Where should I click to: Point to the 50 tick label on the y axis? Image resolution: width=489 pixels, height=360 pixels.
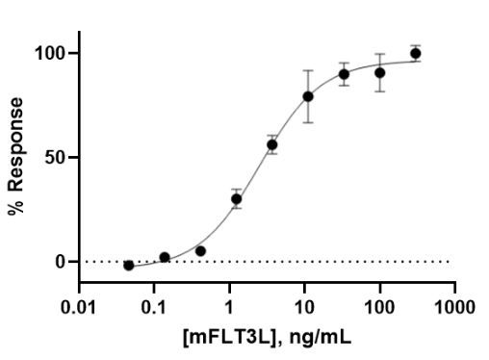coord(57,157)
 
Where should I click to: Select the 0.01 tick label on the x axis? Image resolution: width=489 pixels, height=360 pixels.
coord(80,307)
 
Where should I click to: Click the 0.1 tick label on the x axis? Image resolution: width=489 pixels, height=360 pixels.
coord(154,307)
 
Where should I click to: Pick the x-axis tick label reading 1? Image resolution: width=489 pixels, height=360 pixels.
coord(229,307)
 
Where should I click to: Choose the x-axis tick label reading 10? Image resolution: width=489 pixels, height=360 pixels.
coord(304,307)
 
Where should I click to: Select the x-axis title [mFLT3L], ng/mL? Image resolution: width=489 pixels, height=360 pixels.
coord(267,338)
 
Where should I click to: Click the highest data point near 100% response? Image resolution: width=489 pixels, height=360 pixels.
coord(415,54)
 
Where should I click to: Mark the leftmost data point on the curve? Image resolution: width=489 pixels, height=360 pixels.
coord(129,265)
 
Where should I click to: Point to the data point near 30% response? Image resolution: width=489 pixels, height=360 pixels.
coord(236,199)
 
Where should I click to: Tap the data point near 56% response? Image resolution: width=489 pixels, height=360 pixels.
coord(272,145)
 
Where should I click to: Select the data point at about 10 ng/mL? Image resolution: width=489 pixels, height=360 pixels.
coord(308,96)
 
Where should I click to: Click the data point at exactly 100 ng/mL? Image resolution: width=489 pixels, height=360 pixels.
coord(380,72)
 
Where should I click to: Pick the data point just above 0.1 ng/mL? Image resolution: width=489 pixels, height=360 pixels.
coord(165,258)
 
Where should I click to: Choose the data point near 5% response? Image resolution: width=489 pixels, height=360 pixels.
coord(200,251)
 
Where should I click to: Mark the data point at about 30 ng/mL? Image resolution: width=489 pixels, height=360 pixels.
coord(344,74)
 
